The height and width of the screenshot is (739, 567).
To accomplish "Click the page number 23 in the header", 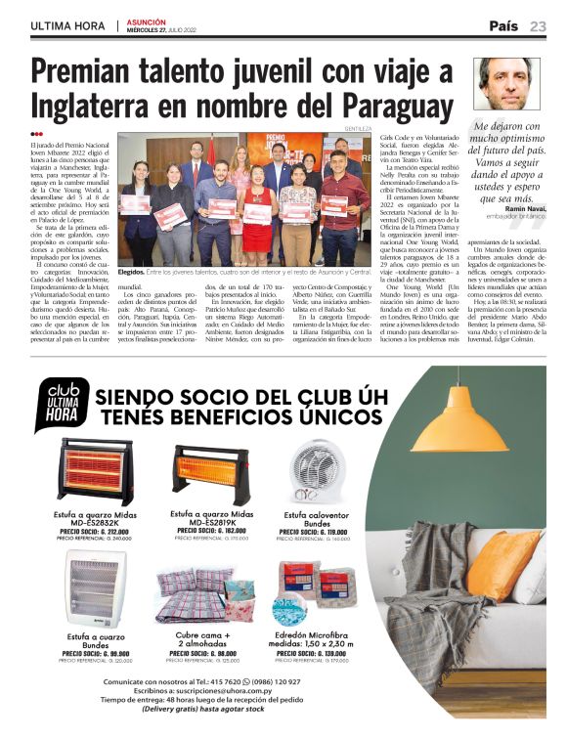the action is click(x=539, y=25).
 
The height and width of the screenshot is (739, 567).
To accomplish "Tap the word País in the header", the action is click(x=504, y=25).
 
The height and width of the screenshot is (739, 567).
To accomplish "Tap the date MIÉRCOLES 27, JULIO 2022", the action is click(x=170, y=30).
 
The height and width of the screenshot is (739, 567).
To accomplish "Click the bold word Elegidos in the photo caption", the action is click(x=131, y=271).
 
